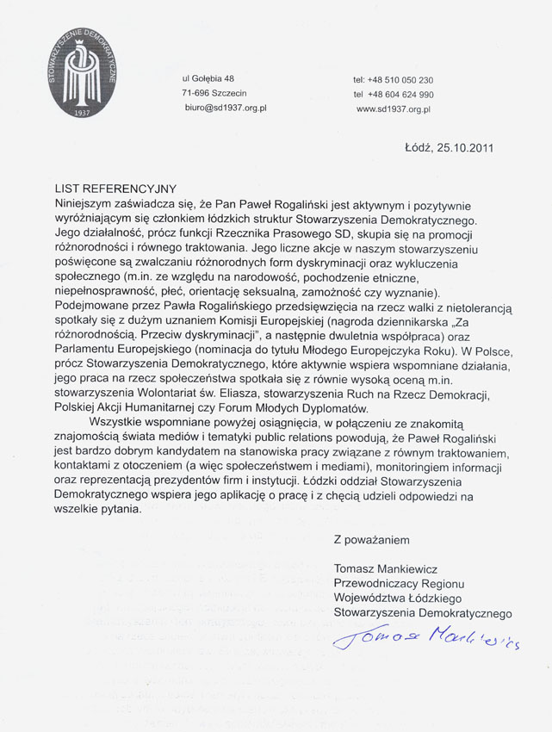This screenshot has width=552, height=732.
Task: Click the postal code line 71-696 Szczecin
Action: click(x=214, y=94)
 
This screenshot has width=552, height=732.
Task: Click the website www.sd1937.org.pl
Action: click(x=393, y=109)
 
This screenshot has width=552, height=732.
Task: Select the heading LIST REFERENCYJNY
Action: click(x=102, y=189)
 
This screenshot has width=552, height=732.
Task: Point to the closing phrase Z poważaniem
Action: click(x=371, y=540)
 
